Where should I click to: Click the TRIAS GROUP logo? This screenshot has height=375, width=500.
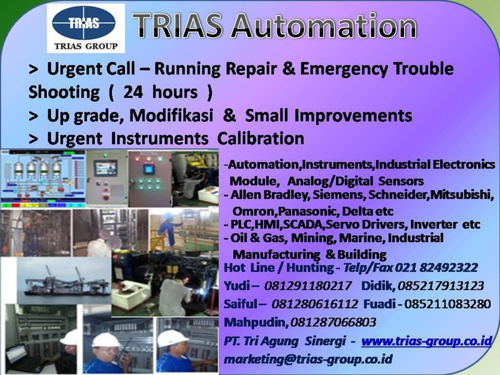click(x=85, y=28)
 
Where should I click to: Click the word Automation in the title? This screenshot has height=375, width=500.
click(x=325, y=26)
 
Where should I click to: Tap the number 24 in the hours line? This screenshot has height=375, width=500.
click(x=133, y=92)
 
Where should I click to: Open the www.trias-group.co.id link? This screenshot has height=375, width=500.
click(x=427, y=341)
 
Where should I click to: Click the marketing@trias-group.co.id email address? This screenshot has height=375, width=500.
click(x=308, y=359)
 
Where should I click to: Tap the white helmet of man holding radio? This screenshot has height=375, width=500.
click(x=105, y=339)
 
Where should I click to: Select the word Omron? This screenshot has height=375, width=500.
click(x=254, y=210)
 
